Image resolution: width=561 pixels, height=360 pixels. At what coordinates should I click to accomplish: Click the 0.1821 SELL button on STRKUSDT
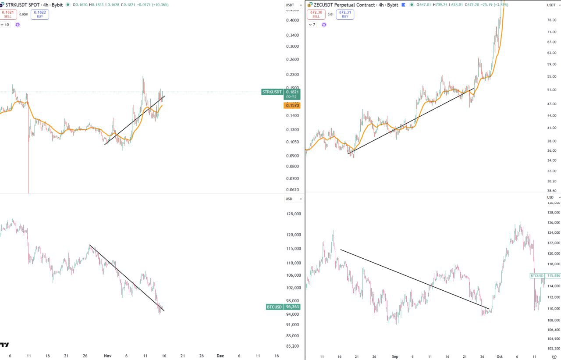coord(8,14)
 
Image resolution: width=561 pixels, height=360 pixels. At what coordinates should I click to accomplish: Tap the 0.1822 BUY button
coord(40,14)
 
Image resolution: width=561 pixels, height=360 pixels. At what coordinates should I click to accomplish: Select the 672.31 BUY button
coord(345,14)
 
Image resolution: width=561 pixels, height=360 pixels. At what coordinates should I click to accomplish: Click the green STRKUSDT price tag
coord(272,92)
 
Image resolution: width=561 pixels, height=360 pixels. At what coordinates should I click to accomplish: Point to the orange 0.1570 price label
coord(291,106)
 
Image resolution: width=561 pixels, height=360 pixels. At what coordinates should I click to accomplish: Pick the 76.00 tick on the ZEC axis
coord(552,20)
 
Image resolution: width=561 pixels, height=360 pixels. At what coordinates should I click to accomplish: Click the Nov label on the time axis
coord(107,356)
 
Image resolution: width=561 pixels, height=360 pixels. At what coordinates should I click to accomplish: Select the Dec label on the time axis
coord(220,356)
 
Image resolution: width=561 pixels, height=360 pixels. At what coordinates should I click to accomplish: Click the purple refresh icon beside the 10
coord(18,25)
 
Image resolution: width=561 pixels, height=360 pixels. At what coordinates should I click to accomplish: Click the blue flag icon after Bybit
coord(403,5)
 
